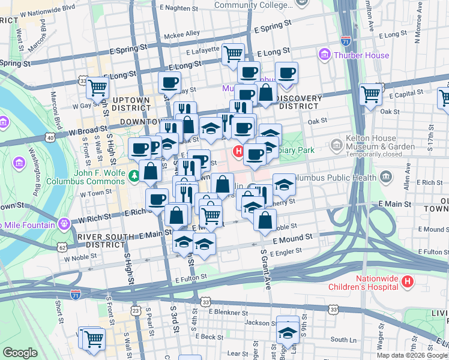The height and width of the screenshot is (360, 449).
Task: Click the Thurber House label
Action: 361,55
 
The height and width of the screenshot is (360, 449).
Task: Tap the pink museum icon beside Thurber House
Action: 325,55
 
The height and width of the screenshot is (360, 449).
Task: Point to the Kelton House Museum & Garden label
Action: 380,146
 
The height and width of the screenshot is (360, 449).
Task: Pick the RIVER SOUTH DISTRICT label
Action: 101,241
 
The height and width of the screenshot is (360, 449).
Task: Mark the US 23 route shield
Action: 137,310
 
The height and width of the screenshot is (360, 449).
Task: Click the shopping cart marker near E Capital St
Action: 371,94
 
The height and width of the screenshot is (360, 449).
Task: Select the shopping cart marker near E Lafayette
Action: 233,55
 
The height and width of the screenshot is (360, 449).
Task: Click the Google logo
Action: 20,353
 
